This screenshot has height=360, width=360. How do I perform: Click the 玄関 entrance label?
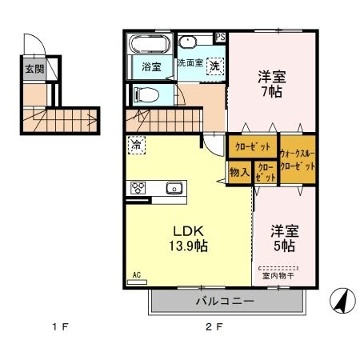34,69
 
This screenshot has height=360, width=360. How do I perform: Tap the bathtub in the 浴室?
149,44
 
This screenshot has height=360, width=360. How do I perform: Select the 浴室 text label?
151,66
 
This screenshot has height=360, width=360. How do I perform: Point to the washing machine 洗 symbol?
214,67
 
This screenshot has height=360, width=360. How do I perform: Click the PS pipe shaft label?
221,37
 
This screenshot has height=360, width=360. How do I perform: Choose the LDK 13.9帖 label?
188,238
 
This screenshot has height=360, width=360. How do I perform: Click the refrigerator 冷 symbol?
137,146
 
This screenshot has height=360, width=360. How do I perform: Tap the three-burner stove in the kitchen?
138,189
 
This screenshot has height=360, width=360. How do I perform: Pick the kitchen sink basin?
174,189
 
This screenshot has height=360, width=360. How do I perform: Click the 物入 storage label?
239,172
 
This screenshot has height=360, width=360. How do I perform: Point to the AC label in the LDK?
137,274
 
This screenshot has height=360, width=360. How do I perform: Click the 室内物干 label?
278,277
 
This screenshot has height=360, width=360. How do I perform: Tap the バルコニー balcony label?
226,302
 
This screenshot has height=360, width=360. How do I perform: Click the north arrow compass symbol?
342,300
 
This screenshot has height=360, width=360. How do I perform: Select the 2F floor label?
212,327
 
